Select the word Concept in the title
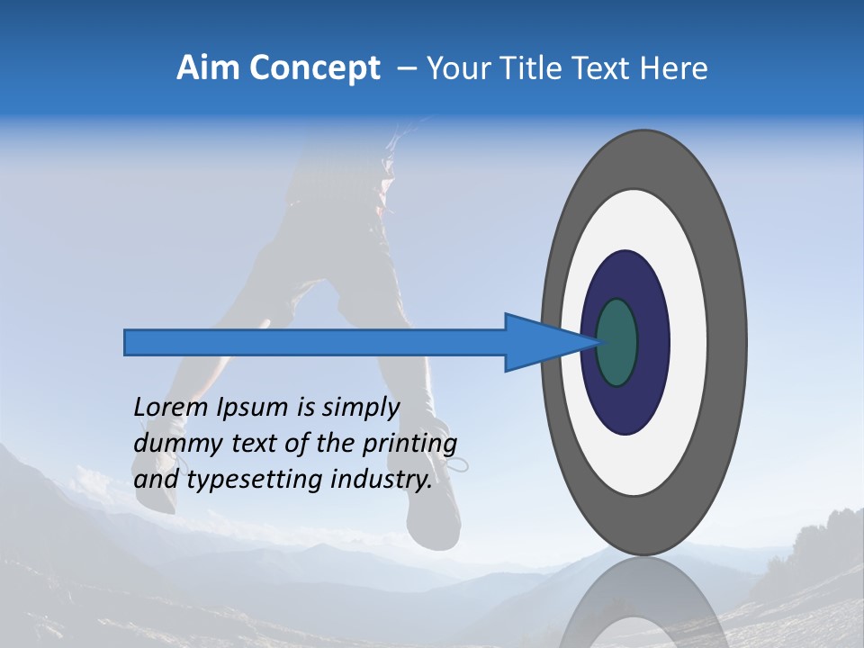point(314,68)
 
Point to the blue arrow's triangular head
point(540,342)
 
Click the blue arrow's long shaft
point(315,342)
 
